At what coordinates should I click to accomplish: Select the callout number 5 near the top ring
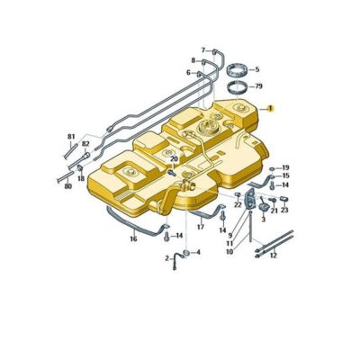(x=256, y=69)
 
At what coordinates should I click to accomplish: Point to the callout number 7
(x=202, y=49)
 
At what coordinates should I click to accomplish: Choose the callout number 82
(x=86, y=144)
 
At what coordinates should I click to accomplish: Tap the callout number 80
(x=67, y=186)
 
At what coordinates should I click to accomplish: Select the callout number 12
(x=274, y=255)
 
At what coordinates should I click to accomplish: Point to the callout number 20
(x=175, y=158)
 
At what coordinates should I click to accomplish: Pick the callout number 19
(x=285, y=167)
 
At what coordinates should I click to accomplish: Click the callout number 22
(x=238, y=205)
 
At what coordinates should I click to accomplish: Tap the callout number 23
(x=283, y=211)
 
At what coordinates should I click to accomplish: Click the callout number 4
(x=198, y=253)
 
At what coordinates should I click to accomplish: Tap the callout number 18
(x=81, y=179)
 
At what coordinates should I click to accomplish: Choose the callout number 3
(x=264, y=219)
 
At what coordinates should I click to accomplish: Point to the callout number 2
(x=166, y=258)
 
